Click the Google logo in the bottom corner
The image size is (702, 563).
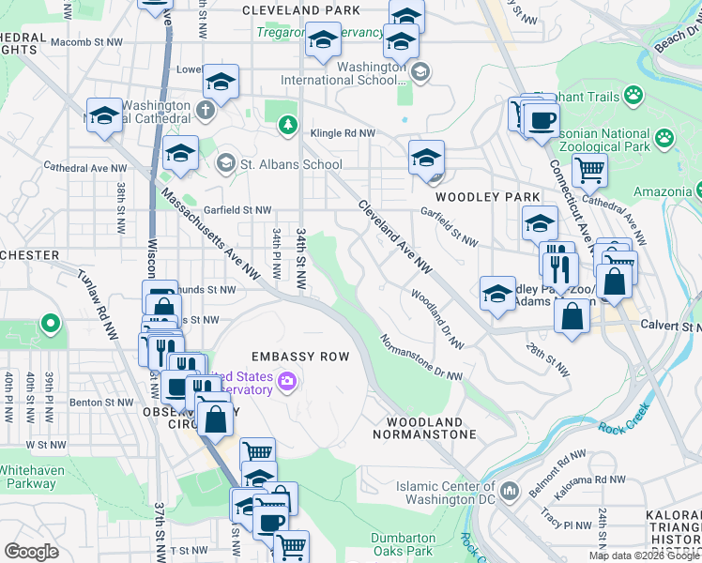coord(31,552)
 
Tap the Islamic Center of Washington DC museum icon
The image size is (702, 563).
coord(510,490)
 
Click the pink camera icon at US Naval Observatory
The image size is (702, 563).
coord(287,382)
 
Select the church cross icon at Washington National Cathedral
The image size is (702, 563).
coord(206,111)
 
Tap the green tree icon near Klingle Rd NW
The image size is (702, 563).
coord(287,125)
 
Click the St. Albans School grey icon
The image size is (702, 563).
coord(225,164)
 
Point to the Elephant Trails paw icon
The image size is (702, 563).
coord(635,95)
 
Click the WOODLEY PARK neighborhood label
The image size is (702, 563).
coord(487,197)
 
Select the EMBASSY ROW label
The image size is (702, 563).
coord(300,357)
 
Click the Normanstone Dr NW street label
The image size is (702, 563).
coord(421,358)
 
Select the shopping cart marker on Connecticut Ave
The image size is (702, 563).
coord(589,171)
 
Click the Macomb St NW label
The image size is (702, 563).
coord(86,42)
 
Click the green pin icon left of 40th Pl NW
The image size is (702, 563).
coord(50,326)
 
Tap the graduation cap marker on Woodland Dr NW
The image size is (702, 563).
coord(497,293)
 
